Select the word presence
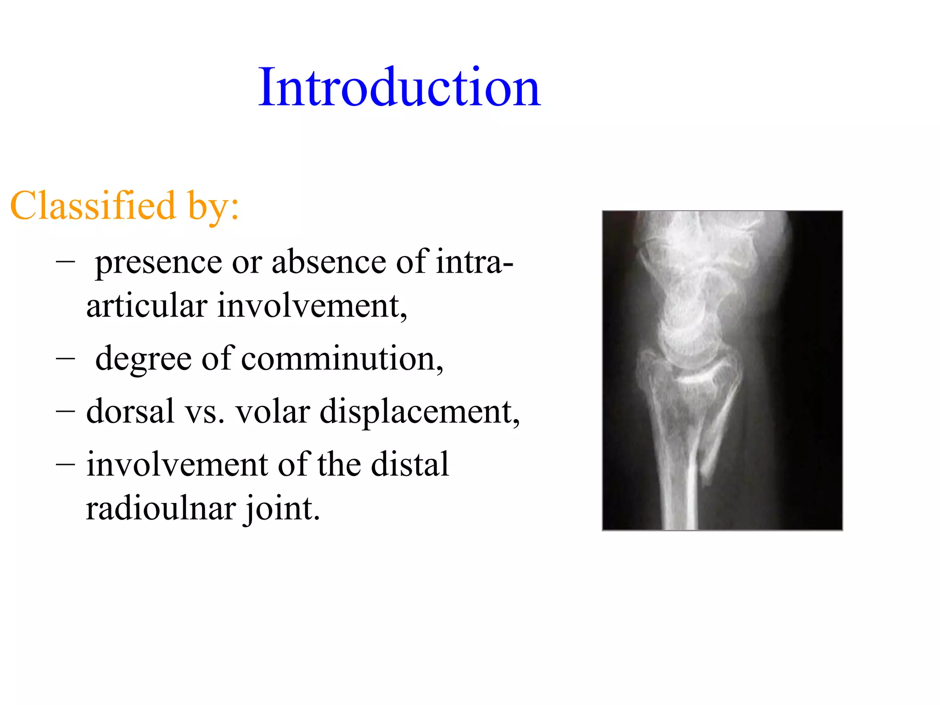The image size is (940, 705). pos(158,263)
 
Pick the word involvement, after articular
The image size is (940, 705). pos(312,306)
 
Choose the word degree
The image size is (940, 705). pos(143,359)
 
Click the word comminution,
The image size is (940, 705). pos(342,358)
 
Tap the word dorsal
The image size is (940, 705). pos(130,411)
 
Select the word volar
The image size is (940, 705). pos(273,411)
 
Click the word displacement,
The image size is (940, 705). pos(420,412)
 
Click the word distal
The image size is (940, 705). pos(409,464)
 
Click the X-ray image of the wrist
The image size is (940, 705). pos(722,370)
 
